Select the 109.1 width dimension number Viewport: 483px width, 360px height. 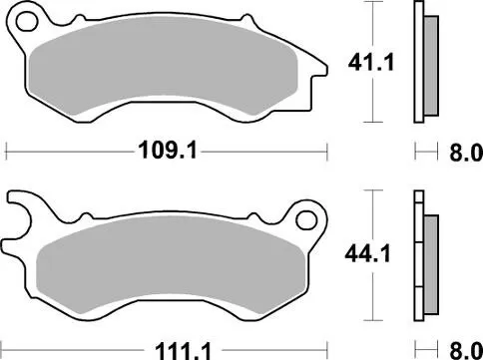click(166, 153)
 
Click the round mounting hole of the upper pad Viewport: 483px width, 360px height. click(28, 21)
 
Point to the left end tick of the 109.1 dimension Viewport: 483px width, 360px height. click(8, 153)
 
